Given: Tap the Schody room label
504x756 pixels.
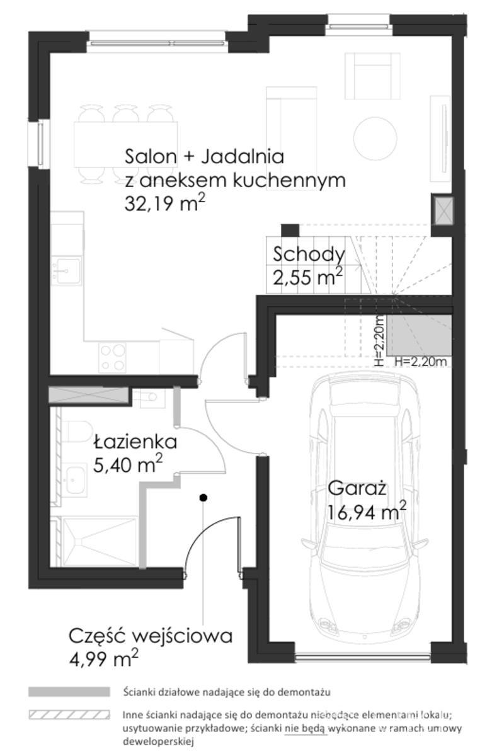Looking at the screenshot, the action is (x=309, y=255).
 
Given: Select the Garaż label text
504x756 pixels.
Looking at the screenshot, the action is (x=357, y=488).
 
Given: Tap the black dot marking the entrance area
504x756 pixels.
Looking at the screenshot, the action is (x=203, y=497).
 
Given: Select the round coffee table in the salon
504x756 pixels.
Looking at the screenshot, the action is (x=375, y=138).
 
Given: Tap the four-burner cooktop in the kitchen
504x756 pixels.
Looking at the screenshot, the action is (x=112, y=358).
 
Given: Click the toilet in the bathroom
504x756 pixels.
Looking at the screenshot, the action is (x=77, y=432).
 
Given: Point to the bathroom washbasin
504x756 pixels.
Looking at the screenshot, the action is (x=75, y=480).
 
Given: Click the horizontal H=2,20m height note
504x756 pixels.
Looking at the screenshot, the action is (x=421, y=362).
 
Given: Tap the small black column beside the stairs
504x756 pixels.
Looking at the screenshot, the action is (x=290, y=230).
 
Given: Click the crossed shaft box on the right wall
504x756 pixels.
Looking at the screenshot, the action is (x=444, y=211).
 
